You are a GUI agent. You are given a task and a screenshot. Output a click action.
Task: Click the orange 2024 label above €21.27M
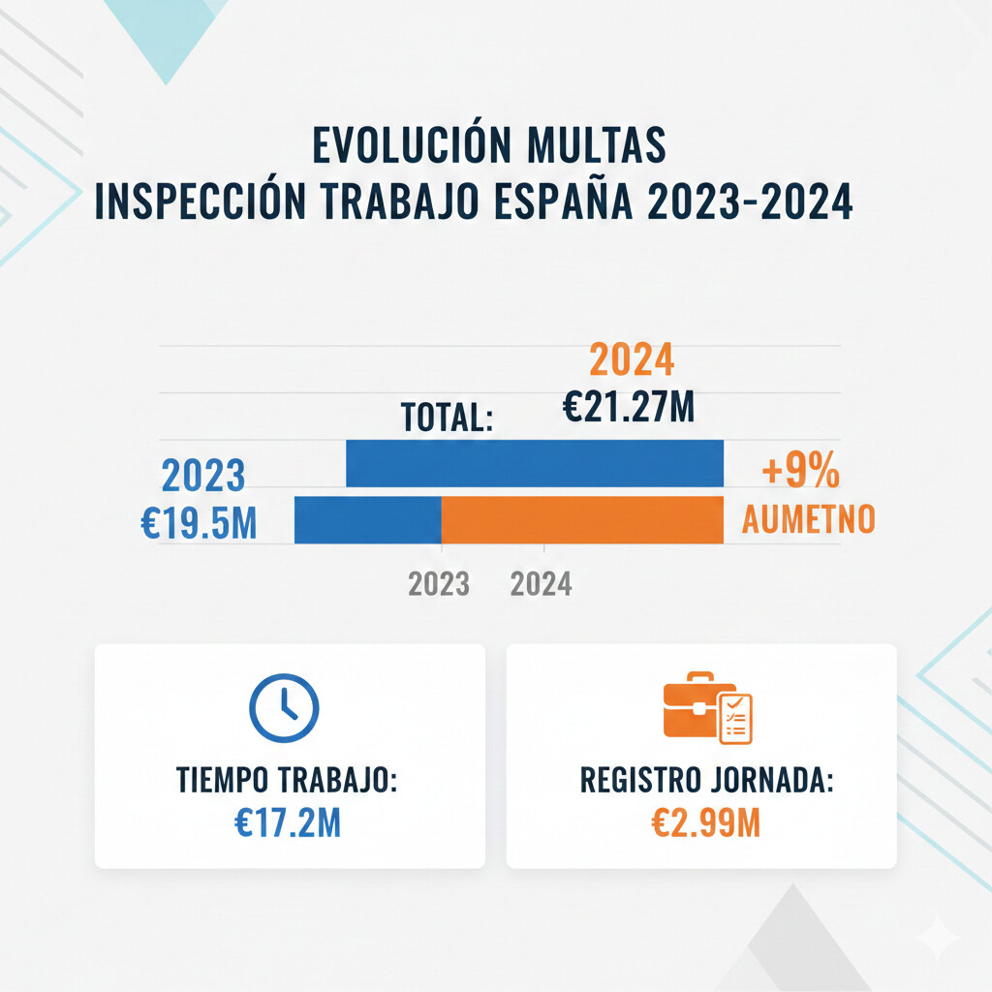pos(632,361)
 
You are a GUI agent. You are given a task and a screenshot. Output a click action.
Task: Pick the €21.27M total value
pos(629,406)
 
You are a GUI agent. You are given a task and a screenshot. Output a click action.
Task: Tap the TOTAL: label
pos(449,418)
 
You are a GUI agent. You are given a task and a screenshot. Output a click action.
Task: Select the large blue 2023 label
pos(202,477)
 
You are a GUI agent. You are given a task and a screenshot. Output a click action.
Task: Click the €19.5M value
pos(199,523)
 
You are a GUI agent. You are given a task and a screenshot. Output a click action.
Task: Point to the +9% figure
pos(800,474)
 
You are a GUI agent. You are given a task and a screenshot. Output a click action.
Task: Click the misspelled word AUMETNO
pos(808,520)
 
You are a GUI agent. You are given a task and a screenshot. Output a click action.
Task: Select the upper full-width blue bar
pos(535,463)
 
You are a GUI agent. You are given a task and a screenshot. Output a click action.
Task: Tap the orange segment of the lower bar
pos(582,519)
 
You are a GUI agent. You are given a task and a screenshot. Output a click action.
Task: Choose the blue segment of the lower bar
pos(368,519)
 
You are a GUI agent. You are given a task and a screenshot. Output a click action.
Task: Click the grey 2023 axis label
pos(439,584)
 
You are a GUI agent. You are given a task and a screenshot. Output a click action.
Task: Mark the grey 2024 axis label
pos(541,584)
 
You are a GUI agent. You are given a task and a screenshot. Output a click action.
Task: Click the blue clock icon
pos(284,707)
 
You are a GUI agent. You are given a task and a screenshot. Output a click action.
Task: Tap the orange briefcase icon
pos(707,708)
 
